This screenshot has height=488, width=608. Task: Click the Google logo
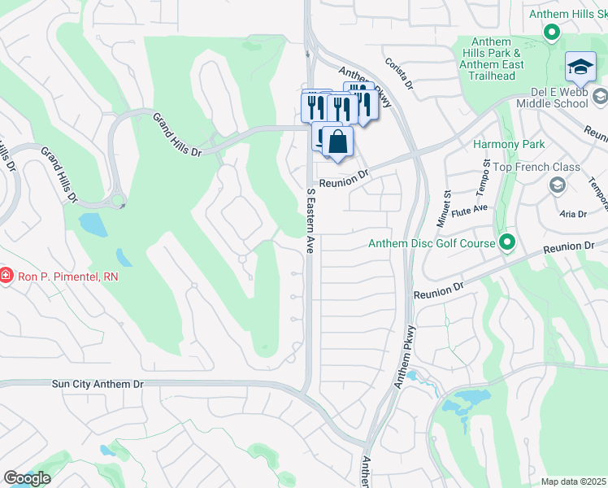(27, 478)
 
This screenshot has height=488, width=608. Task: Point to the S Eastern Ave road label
(310, 221)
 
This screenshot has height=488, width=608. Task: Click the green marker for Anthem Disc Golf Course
(507, 242)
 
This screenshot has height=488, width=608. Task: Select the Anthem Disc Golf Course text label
(432, 243)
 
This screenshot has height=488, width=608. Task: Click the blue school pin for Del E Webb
(580, 68)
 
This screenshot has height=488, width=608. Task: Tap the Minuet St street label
(446, 208)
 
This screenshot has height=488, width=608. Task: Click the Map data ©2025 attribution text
(573, 481)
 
